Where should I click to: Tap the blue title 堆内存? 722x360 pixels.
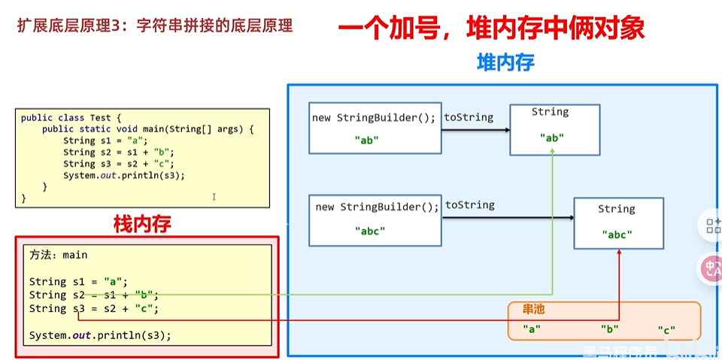[x=505, y=62]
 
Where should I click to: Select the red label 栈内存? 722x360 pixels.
[x=142, y=223]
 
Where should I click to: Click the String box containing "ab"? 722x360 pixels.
[x=554, y=130]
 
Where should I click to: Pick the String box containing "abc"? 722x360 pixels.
[x=618, y=223]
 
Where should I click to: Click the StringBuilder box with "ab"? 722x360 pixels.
[x=374, y=128]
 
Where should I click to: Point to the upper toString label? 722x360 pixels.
[x=469, y=117]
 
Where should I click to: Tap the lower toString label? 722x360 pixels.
[x=470, y=205]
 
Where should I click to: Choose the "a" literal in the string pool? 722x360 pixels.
[x=532, y=329]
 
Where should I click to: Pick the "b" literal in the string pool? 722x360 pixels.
[x=609, y=329]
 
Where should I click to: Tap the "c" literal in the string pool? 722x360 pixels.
[x=666, y=329]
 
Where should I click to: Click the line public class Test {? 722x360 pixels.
[x=65, y=118]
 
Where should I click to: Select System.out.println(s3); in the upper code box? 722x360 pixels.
[x=124, y=175]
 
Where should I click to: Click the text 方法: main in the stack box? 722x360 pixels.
[x=59, y=255]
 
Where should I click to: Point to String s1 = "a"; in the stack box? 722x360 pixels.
[x=79, y=282]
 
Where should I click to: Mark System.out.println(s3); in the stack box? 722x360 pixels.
[x=100, y=335]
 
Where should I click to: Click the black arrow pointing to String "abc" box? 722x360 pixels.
[x=508, y=219]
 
